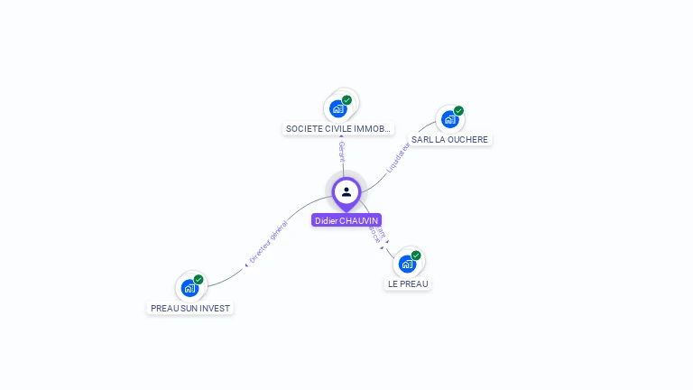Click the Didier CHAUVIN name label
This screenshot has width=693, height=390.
346,220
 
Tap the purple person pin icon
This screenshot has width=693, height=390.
346,192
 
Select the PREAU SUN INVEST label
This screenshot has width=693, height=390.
190,308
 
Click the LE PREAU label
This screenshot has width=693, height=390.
408,283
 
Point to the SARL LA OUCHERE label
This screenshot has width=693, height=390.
449,140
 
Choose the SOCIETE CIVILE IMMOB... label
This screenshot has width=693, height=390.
338,129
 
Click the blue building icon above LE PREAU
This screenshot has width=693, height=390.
407,264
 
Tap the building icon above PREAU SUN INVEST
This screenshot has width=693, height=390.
189,288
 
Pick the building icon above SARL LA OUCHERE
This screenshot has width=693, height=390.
449,119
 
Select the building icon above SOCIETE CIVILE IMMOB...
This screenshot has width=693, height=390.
338,108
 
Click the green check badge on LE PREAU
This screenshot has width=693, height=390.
416,255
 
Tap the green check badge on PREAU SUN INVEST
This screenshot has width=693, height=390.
199,280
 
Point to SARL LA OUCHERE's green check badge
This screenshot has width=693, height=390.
458,111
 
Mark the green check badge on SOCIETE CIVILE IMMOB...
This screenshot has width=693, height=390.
347,100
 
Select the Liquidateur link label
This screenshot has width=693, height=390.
398,157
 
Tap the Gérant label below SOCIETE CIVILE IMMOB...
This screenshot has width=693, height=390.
342,151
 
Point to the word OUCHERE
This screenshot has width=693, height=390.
468,140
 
